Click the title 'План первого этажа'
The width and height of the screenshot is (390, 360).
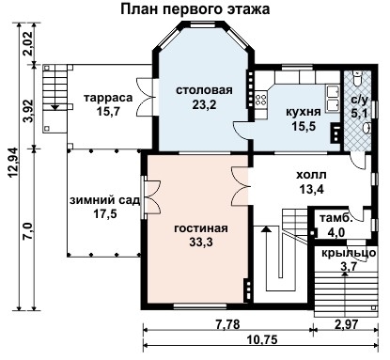pos(195,9)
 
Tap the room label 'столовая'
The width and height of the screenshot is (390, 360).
pos(204,90)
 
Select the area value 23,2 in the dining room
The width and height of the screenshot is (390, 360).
pos(204,105)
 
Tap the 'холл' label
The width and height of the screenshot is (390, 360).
pos(311,174)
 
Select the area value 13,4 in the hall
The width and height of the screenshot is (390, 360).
pos(311,189)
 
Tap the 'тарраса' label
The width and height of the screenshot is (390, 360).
pos(106,98)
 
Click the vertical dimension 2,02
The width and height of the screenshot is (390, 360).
pos(27,44)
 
